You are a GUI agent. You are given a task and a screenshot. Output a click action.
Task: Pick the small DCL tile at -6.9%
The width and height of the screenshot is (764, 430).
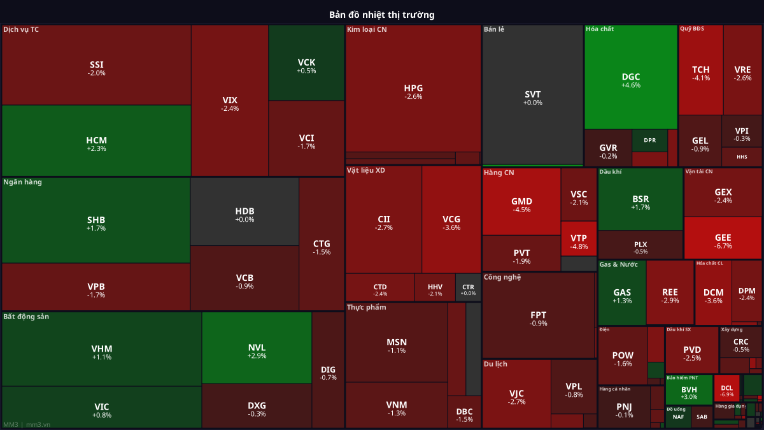pos(727,389)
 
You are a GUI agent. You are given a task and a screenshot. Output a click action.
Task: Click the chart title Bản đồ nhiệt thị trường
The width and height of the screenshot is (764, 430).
pos(382,14)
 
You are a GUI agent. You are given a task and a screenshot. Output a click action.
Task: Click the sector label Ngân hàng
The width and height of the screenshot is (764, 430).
pos(22,182)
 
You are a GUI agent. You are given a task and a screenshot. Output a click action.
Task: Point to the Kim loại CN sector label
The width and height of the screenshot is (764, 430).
pos(366,29)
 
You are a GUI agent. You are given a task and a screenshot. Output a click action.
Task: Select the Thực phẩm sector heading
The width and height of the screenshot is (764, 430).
pos(366,308)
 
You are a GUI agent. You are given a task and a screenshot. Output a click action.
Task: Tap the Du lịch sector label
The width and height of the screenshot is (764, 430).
pos(495,364)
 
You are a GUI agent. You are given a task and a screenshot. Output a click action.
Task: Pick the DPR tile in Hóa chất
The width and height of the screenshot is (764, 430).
pos(649,140)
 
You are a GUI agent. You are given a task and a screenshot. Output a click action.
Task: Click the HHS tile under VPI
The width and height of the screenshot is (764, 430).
pos(742,157)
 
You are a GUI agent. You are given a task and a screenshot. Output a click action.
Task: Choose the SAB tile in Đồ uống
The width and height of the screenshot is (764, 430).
pos(701,417)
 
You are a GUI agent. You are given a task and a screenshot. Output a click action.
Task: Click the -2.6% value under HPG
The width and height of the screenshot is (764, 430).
pos(413,97)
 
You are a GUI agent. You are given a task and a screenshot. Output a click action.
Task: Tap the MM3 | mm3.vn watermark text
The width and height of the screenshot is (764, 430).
pos(27,424)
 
